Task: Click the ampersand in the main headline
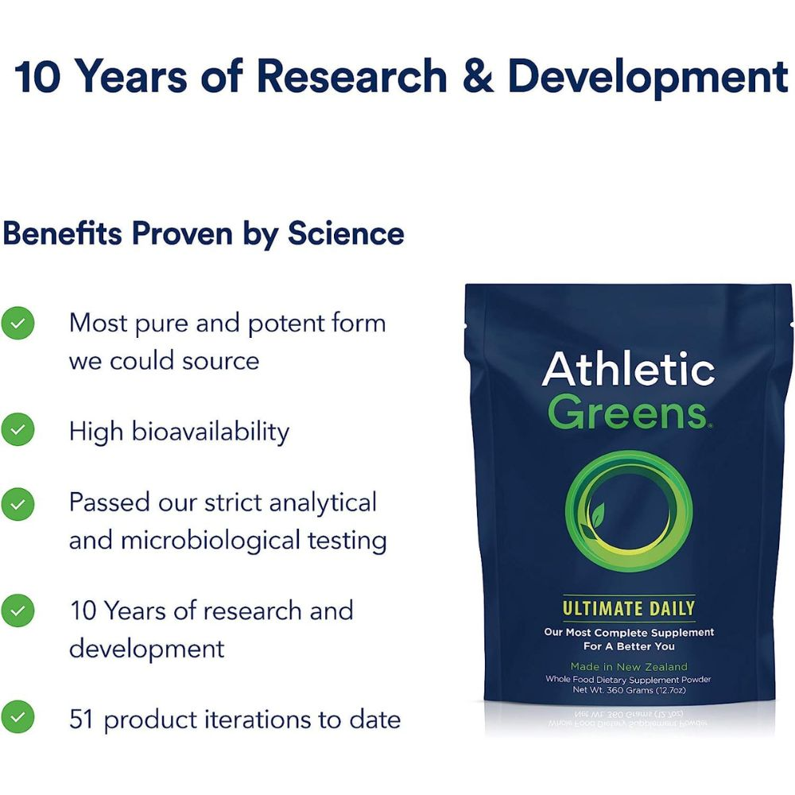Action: pyautogui.click(x=478, y=76)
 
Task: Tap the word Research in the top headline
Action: pyautogui.click(x=352, y=76)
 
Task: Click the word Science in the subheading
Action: pyautogui.click(x=346, y=233)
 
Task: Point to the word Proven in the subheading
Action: pyautogui.click(x=182, y=233)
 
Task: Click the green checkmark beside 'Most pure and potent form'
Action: pyautogui.click(x=17, y=323)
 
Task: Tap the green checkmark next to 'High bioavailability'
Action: pyautogui.click(x=17, y=429)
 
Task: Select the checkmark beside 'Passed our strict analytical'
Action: pyautogui.click(x=17, y=505)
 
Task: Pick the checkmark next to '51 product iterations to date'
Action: pyautogui.click(x=17, y=717)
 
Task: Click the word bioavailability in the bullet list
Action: pyautogui.click(x=211, y=432)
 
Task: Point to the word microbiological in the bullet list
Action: pyautogui.click(x=211, y=541)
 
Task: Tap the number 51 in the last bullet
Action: pyautogui.click(x=81, y=719)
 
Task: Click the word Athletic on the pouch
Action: pyautogui.click(x=628, y=368)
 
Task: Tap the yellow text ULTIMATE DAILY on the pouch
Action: pyautogui.click(x=629, y=608)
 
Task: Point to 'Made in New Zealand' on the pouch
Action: pyautogui.click(x=629, y=667)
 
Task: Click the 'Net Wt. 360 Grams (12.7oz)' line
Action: pyautogui.click(x=629, y=690)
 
